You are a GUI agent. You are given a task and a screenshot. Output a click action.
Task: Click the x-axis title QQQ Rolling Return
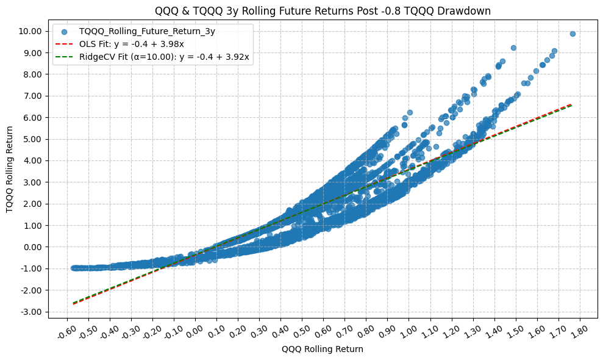322,350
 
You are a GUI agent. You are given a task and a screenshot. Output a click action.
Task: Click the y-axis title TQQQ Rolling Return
10,169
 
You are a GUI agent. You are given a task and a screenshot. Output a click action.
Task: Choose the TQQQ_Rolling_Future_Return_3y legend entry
147,31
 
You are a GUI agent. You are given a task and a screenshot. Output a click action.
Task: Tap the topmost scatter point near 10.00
573,34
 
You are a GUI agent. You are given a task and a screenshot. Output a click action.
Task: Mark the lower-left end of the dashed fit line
74,303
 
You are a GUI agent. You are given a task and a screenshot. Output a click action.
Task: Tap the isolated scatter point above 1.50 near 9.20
513,48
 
